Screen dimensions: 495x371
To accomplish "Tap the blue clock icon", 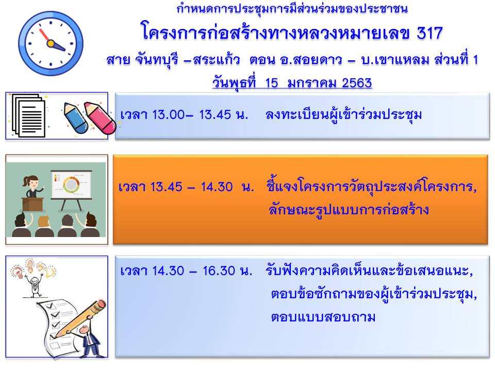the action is tap(51, 43).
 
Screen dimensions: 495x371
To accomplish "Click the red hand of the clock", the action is tap(44, 35).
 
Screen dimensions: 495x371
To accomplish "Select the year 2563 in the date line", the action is tap(357, 82).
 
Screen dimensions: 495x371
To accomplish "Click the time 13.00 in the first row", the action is tap(168, 114).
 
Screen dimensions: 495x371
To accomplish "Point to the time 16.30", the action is tap(219, 271).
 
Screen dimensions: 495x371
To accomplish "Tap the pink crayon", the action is tap(100, 118).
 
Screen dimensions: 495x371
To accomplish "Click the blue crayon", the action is tap(76, 117).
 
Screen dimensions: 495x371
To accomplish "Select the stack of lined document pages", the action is tap(28, 115).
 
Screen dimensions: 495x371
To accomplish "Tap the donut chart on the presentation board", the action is tap(71, 184).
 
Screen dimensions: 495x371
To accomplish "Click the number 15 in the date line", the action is tap(272, 82).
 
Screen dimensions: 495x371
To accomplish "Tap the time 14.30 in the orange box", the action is tap(217, 187).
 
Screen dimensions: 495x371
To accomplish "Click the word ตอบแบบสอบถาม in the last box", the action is tap(323, 317).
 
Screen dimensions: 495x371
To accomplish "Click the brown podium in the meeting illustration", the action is tap(32, 204).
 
